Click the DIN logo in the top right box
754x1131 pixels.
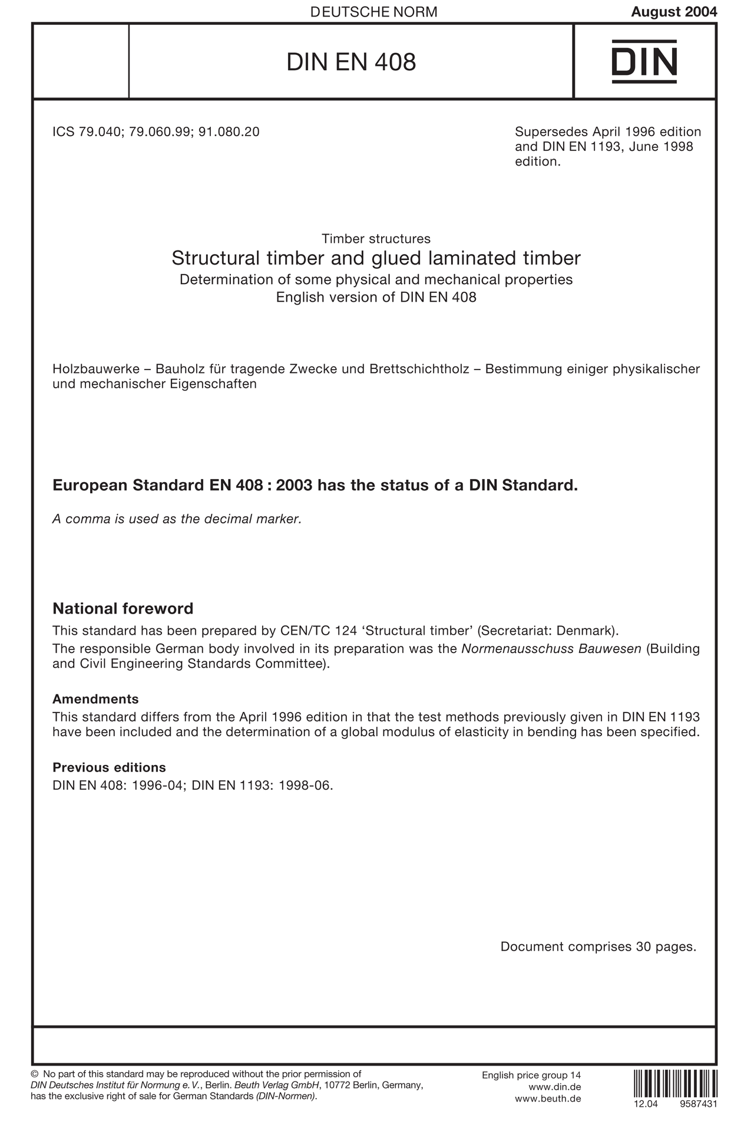click(x=644, y=61)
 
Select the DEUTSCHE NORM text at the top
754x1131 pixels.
click(x=373, y=12)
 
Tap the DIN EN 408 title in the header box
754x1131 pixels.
click(x=351, y=62)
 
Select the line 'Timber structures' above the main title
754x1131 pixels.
click(x=376, y=239)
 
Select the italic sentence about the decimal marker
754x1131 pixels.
click(x=177, y=519)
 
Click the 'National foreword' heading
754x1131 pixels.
click(x=123, y=608)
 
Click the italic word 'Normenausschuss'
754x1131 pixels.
click(x=508, y=649)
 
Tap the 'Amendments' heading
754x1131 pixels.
click(x=95, y=699)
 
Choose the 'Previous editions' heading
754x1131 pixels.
click(x=109, y=767)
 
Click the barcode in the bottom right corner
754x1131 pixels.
click(x=676, y=1082)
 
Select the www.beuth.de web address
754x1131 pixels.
click(x=548, y=1099)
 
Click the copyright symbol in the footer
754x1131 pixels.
click(x=34, y=1074)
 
